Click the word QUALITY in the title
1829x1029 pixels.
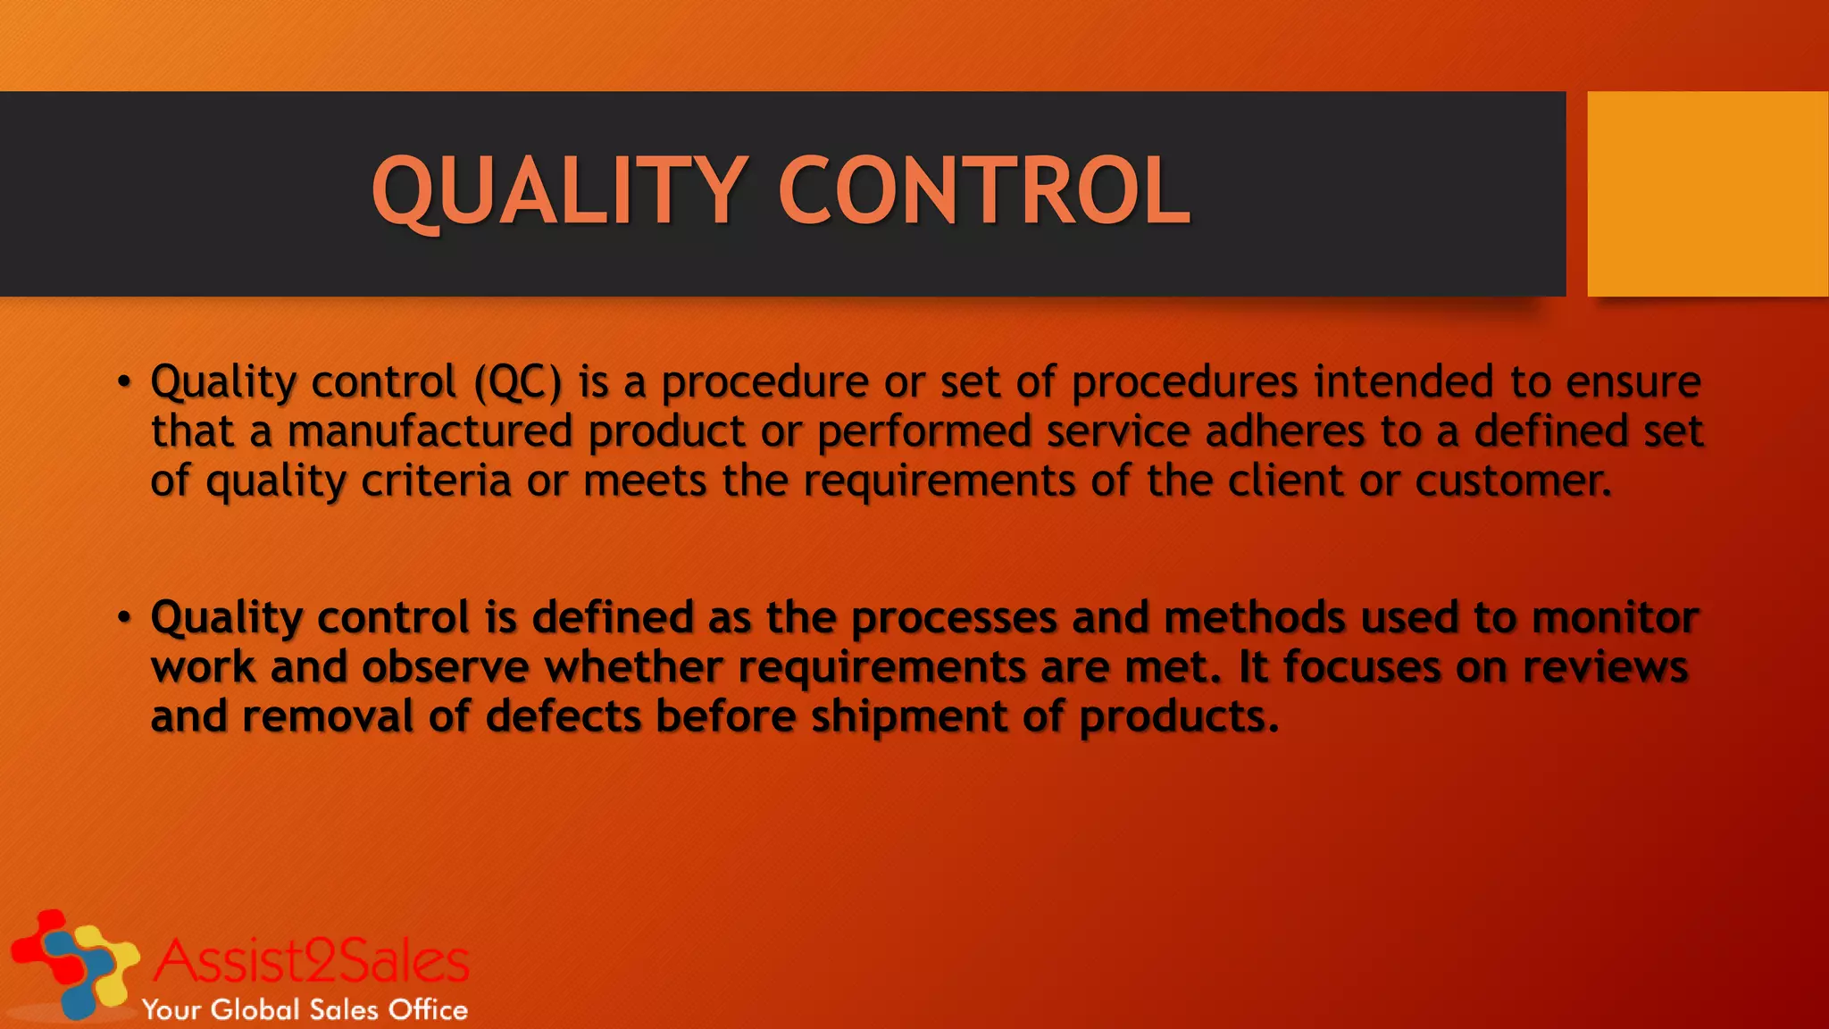click(x=559, y=192)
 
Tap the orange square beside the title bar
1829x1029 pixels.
click(x=1707, y=194)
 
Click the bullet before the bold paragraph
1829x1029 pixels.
click(x=124, y=618)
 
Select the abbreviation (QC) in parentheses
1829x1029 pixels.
click(x=518, y=383)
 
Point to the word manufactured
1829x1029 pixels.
click(x=430, y=432)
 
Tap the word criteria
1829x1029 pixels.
click(x=436, y=481)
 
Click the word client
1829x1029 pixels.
click(x=1285, y=481)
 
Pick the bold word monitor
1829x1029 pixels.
click(x=1615, y=618)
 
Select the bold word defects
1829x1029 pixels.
click(x=563, y=717)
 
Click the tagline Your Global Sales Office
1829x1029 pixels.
click(x=305, y=1010)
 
